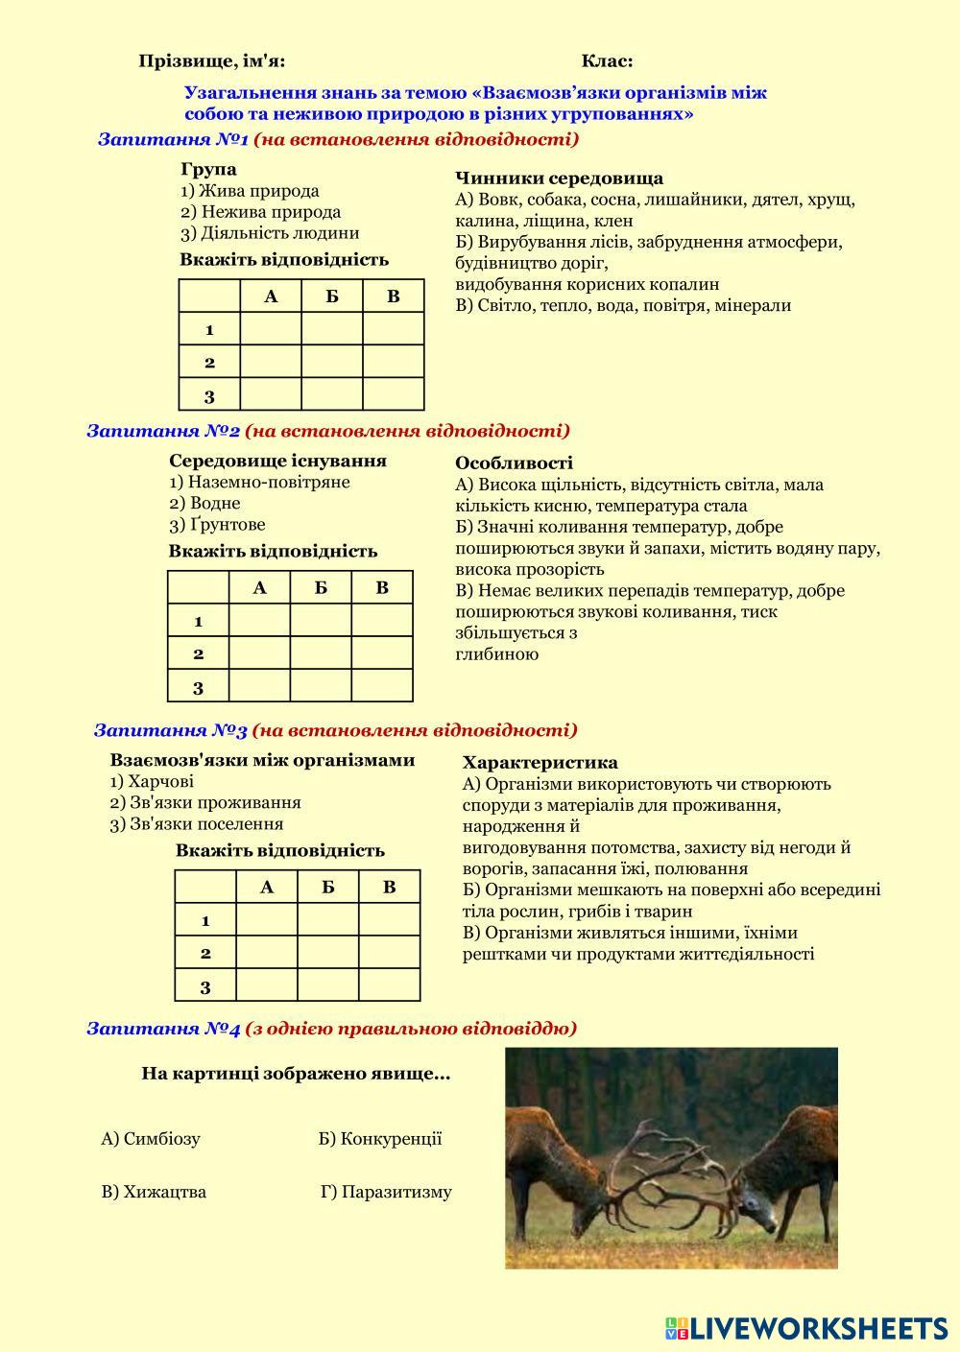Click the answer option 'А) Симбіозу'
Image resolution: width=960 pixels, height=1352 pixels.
(151, 1139)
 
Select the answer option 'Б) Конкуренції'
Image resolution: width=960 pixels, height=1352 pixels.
(380, 1139)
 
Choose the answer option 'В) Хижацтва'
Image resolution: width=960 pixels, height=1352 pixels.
(154, 1192)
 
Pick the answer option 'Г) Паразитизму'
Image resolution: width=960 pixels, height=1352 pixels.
(386, 1193)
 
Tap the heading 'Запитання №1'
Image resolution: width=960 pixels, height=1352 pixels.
(173, 140)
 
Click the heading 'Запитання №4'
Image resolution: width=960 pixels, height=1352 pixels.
(163, 1029)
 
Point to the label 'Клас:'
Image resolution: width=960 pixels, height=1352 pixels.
(607, 61)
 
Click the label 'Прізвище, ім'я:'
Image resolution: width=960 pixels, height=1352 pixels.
(212, 61)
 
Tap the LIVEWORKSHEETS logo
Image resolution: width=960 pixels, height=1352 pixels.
(806, 1327)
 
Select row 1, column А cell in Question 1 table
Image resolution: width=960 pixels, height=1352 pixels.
(271, 329)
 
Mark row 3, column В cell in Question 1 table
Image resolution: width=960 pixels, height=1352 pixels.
(393, 394)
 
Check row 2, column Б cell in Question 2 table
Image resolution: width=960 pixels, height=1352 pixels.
(321, 654)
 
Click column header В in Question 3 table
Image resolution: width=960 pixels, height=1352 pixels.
(389, 888)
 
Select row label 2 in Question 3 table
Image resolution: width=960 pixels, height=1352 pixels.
(205, 954)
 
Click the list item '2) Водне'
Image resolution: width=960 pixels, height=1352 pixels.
(204, 503)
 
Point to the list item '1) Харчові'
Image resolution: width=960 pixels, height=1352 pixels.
(152, 781)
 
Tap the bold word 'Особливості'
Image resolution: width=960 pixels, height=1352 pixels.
(514, 463)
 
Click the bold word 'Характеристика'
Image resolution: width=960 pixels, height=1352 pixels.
(540, 763)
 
